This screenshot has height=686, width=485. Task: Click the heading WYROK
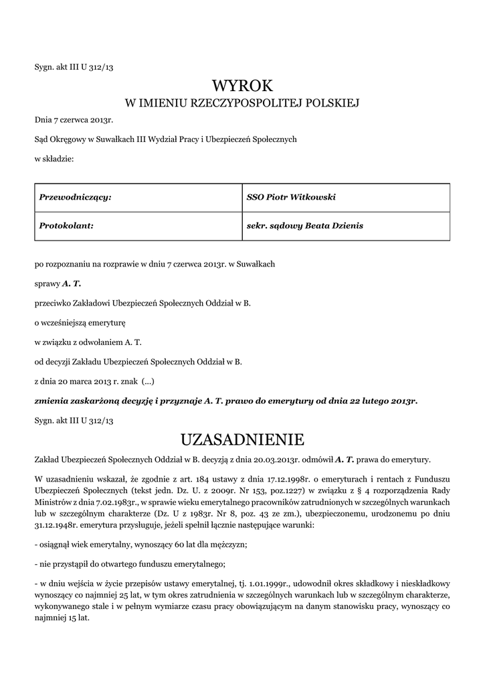pos(242,86)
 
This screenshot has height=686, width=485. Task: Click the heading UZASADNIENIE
pos(242,439)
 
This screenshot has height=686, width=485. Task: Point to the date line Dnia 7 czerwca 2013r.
pos(74,121)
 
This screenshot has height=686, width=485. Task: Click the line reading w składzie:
pos(54,159)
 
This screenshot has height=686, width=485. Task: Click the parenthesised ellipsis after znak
pos(149,381)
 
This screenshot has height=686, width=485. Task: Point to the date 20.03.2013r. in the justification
pos(274,459)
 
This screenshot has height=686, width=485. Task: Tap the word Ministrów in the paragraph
pos(54,502)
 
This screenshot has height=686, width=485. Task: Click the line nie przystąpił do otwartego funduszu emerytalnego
pos(129,565)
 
